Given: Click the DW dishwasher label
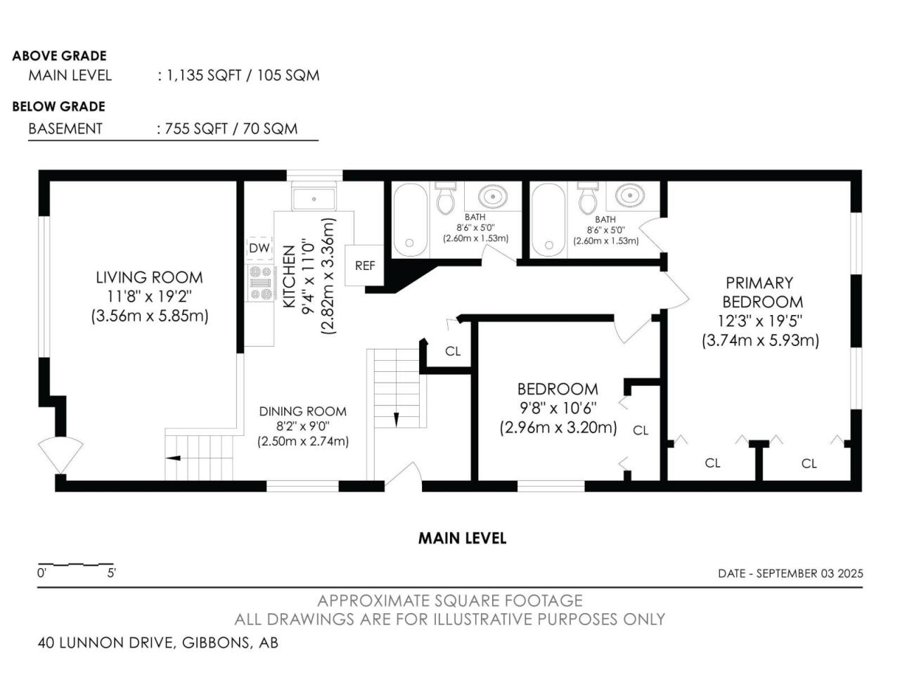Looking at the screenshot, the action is [x=259, y=248].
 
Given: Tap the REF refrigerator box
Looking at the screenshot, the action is [x=364, y=265].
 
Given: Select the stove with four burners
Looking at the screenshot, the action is [x=260, y=283].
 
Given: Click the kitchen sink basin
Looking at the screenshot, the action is [x=314, y=199].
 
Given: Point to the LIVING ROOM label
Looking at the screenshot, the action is [x=150, y=278].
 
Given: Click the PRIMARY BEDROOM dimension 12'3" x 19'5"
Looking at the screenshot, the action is [x=760, y=321].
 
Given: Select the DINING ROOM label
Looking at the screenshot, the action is [x=303, y=411].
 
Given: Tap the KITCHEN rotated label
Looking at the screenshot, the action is [x=289, y=276].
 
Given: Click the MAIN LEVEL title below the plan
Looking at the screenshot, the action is [x=462, y=538].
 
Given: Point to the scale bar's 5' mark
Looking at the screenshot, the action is [x=112, y=572].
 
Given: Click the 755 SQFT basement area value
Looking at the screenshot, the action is [x=196, y=129].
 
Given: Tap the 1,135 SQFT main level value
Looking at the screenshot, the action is [x=204, y=75].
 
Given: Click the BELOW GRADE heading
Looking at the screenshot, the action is [x=58, y=107].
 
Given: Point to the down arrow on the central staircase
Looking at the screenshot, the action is [x=396, y=419].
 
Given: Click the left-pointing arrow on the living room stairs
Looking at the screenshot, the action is [x=173, y=458].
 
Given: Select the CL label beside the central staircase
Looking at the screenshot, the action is [x=453, y=352].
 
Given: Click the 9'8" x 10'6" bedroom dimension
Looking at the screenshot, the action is [x=558, y=408].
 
